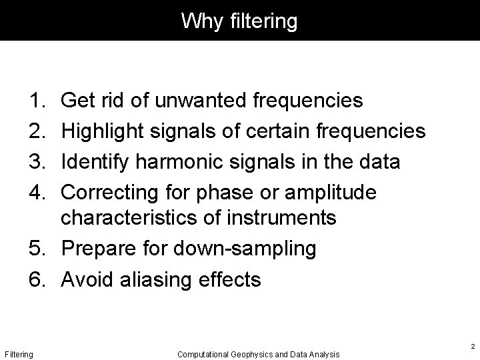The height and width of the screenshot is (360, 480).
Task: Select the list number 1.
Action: tap(37, 101)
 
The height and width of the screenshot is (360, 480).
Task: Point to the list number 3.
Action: tap(37, 162)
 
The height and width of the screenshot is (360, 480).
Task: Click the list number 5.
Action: tap(37, 249)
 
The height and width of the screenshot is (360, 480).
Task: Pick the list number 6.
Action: tap(37, 279)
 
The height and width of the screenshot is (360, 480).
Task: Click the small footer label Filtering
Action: tap(19, 354)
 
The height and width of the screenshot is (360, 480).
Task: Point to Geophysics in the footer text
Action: tap(250, 354)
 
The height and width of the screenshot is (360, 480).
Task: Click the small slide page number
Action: tap(471, 347)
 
